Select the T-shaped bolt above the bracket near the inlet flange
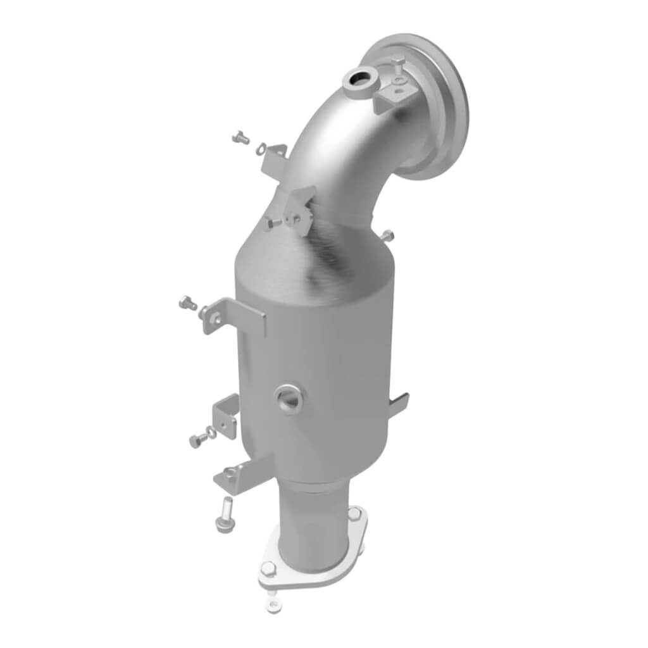[398, 64]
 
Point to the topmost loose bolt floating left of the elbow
[240, 136]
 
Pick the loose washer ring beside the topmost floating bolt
[261, 149]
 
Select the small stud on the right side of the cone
[387, 235]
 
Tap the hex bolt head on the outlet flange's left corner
[268, 568]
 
